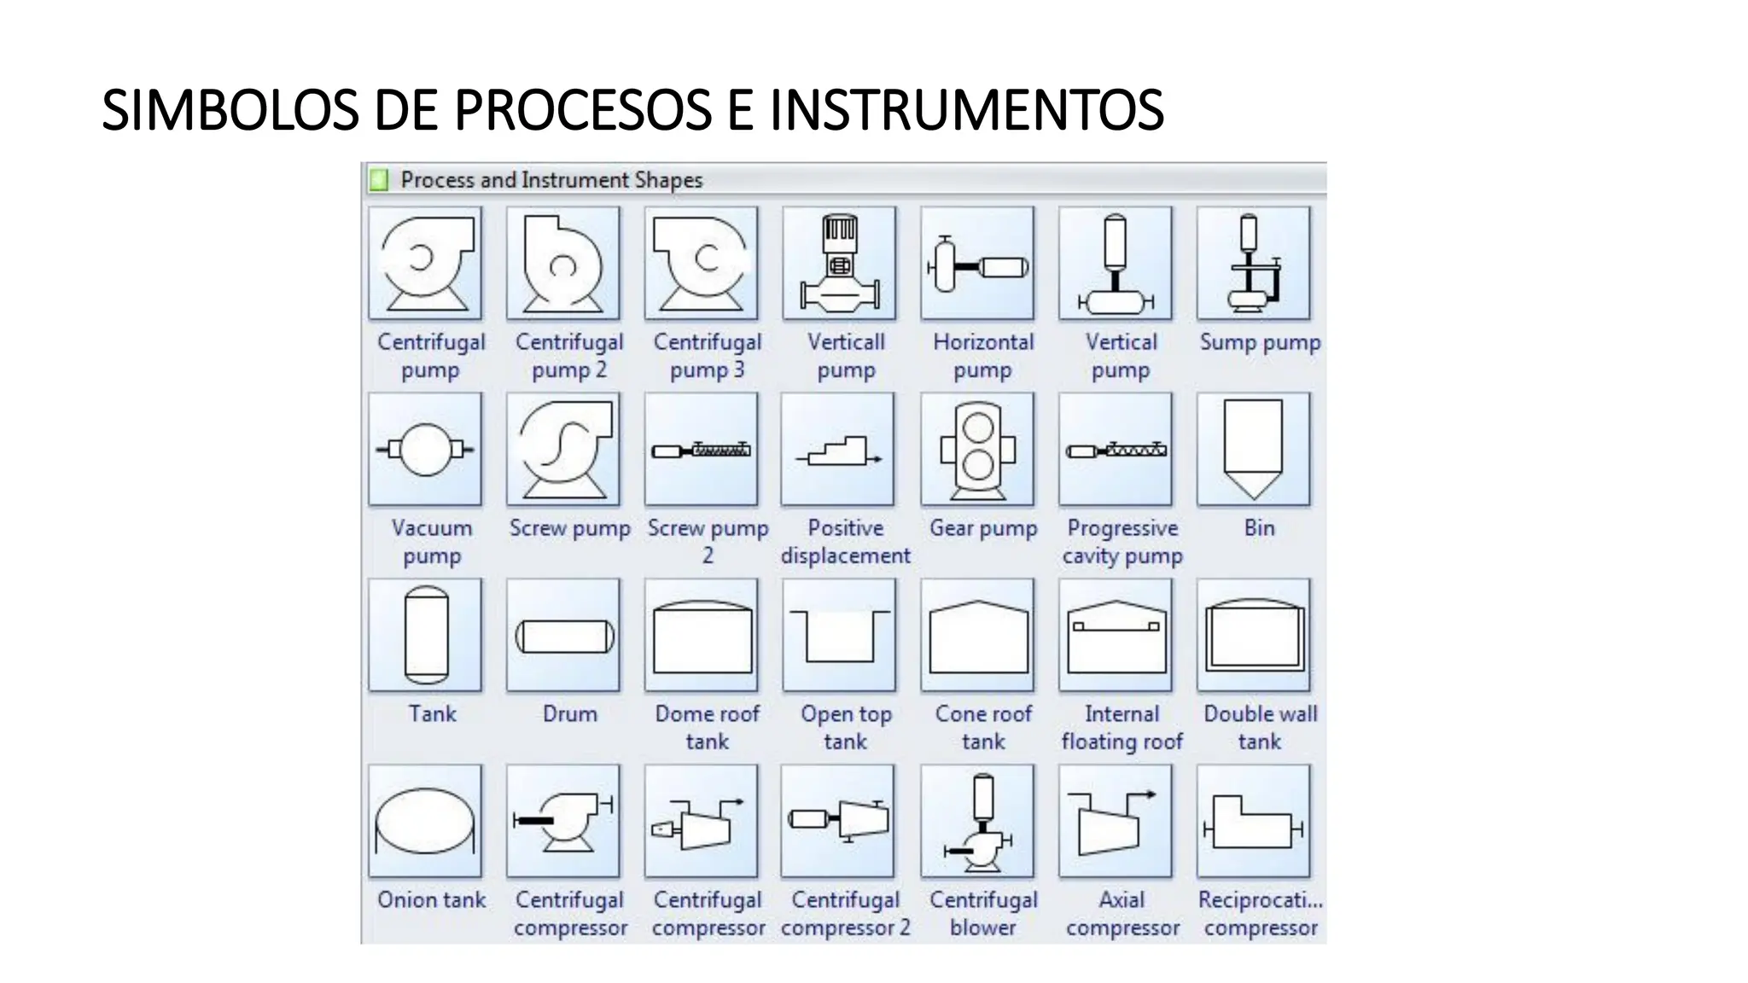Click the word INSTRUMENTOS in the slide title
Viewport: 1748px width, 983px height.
click(966, 110)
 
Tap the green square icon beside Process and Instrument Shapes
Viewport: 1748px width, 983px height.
click(378, 180)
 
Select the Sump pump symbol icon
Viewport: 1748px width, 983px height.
click(1253, 264)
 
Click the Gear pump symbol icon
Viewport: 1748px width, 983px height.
click(977, 450)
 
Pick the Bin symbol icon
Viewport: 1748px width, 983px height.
click(1253, 450)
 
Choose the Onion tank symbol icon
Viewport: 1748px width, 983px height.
click(425, 822)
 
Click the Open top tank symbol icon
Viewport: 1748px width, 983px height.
click(839, 636)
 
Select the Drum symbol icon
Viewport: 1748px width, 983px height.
click(563, 636)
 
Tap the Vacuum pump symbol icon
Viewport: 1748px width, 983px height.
click(425, 450)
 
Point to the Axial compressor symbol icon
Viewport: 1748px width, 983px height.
click(1115, 822)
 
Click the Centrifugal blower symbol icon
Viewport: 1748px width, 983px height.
click(977, 822)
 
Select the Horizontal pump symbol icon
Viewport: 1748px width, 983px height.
click(977, 264)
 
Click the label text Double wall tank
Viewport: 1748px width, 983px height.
click(1260, 727)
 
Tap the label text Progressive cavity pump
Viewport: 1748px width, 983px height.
click(1122, 542)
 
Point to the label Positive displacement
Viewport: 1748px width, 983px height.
click(845, 542)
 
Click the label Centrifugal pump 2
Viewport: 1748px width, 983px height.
click(569, 356)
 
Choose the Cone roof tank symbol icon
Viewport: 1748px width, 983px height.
click(977, 636)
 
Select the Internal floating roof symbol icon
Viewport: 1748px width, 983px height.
click(1115, 636)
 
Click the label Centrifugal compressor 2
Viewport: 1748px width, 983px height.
click(845, 913)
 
